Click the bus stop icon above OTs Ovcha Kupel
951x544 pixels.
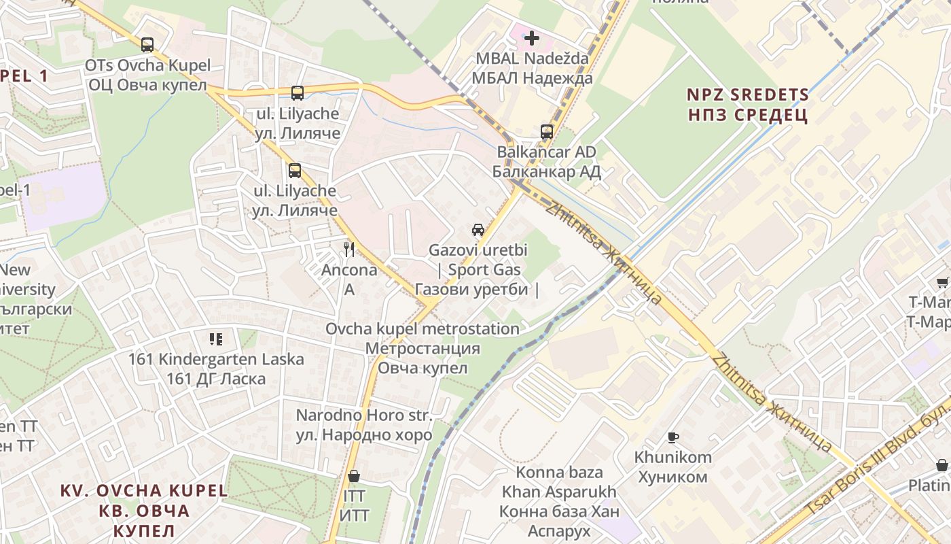147,45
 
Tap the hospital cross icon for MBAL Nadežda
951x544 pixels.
532,37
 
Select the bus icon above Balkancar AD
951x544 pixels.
547,131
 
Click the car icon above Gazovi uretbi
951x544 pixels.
478,229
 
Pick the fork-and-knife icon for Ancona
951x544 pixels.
349,249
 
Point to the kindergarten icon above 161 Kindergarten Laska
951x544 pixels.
216,339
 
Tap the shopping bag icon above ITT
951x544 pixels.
353,476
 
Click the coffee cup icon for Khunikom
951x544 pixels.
673,437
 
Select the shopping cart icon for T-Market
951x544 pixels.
942,282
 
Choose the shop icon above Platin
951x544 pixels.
942,465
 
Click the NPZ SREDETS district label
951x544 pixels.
747,105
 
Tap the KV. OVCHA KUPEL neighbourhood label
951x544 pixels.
144,510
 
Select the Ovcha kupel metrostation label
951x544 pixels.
423,348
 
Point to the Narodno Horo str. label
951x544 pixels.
364,425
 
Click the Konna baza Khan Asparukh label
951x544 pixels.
560,501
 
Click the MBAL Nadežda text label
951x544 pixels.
533,68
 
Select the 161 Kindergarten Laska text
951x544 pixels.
216,369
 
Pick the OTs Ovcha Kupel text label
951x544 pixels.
147,75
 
